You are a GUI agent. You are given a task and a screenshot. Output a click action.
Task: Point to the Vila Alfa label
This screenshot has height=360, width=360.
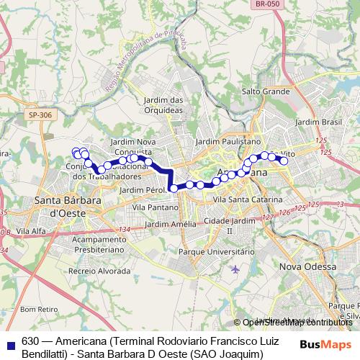coord(32,230)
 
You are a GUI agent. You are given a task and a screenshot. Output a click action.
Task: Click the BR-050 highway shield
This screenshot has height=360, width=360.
coord(266,4)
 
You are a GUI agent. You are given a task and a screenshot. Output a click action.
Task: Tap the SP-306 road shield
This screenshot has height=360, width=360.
coord(41,114)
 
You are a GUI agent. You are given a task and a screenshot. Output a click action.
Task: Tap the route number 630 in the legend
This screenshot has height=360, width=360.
coord(30,339)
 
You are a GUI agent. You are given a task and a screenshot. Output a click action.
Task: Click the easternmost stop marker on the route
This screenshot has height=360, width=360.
coord(284,161)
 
